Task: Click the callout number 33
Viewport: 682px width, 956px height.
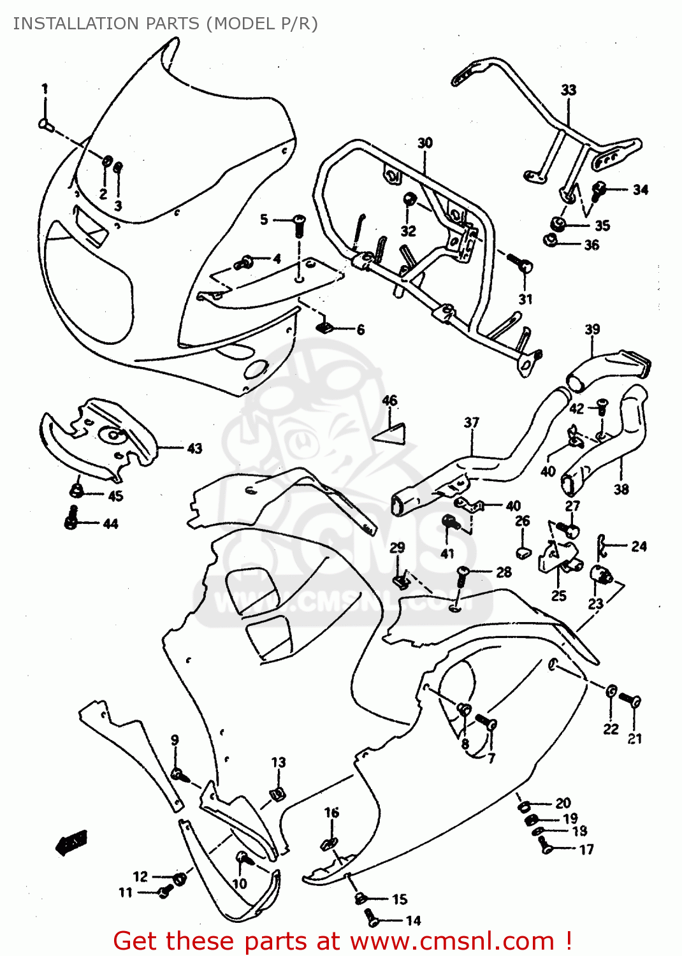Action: tap(569, 90)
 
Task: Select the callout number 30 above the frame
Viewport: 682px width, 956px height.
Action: tap(425, 143)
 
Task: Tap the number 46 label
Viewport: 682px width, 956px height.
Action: tap(389, 400)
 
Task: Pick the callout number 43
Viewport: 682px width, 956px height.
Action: tap(194, 449)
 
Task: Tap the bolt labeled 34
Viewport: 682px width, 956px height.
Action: tap(599, 189)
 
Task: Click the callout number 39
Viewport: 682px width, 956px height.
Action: tap(592, 330)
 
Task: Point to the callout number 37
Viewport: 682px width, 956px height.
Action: tap(471, 423)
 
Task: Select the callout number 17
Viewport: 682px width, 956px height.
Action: tap(586, 850)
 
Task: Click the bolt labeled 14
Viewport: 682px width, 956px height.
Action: tap(371, 918)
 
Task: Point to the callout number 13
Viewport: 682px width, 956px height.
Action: tap(279, 763)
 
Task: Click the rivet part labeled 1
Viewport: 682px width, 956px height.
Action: tap(45, 123)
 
